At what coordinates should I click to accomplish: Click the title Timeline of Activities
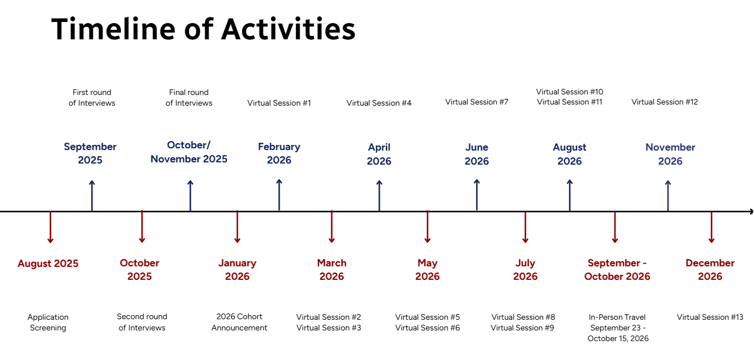pyautogui.click(x=203, y=29)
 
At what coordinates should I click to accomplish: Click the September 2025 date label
pyautogui.click(x=90, y=153)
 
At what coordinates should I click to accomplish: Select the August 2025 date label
pyautogui.click(x=48, y=264)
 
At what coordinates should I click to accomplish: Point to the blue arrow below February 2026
pyautogui.click(x=279, y=195)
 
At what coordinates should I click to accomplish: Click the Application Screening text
pyautogui.click(x=48, y=323)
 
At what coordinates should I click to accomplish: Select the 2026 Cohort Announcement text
pyautogui.click(x=239, y=323)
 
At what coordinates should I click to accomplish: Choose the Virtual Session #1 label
pyautogui.click(x=279, y=103)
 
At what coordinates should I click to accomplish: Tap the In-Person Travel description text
pyautogui.click(x=618, y=328)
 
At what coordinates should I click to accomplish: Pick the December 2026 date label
pyautogui.click(x=710, y=270)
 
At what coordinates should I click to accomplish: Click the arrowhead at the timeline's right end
pyautogui.click(x=750, y=212)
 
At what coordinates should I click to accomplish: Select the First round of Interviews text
pyautogui.click(x=92, y=98)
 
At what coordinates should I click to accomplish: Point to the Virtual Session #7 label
pyautogui.click(x=477, y=102)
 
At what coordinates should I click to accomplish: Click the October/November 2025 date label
pyautogui.click(x=189, y=152)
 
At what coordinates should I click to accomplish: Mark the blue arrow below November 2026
pyautogui.click(x=668, y=196)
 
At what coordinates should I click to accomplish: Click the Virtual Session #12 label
pyautogui.click(x=665, y=102)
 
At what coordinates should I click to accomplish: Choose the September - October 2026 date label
pyautogui.click(x=617, y=270)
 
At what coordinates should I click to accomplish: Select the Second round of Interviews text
pyautogui.click(x=142, y=323)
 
